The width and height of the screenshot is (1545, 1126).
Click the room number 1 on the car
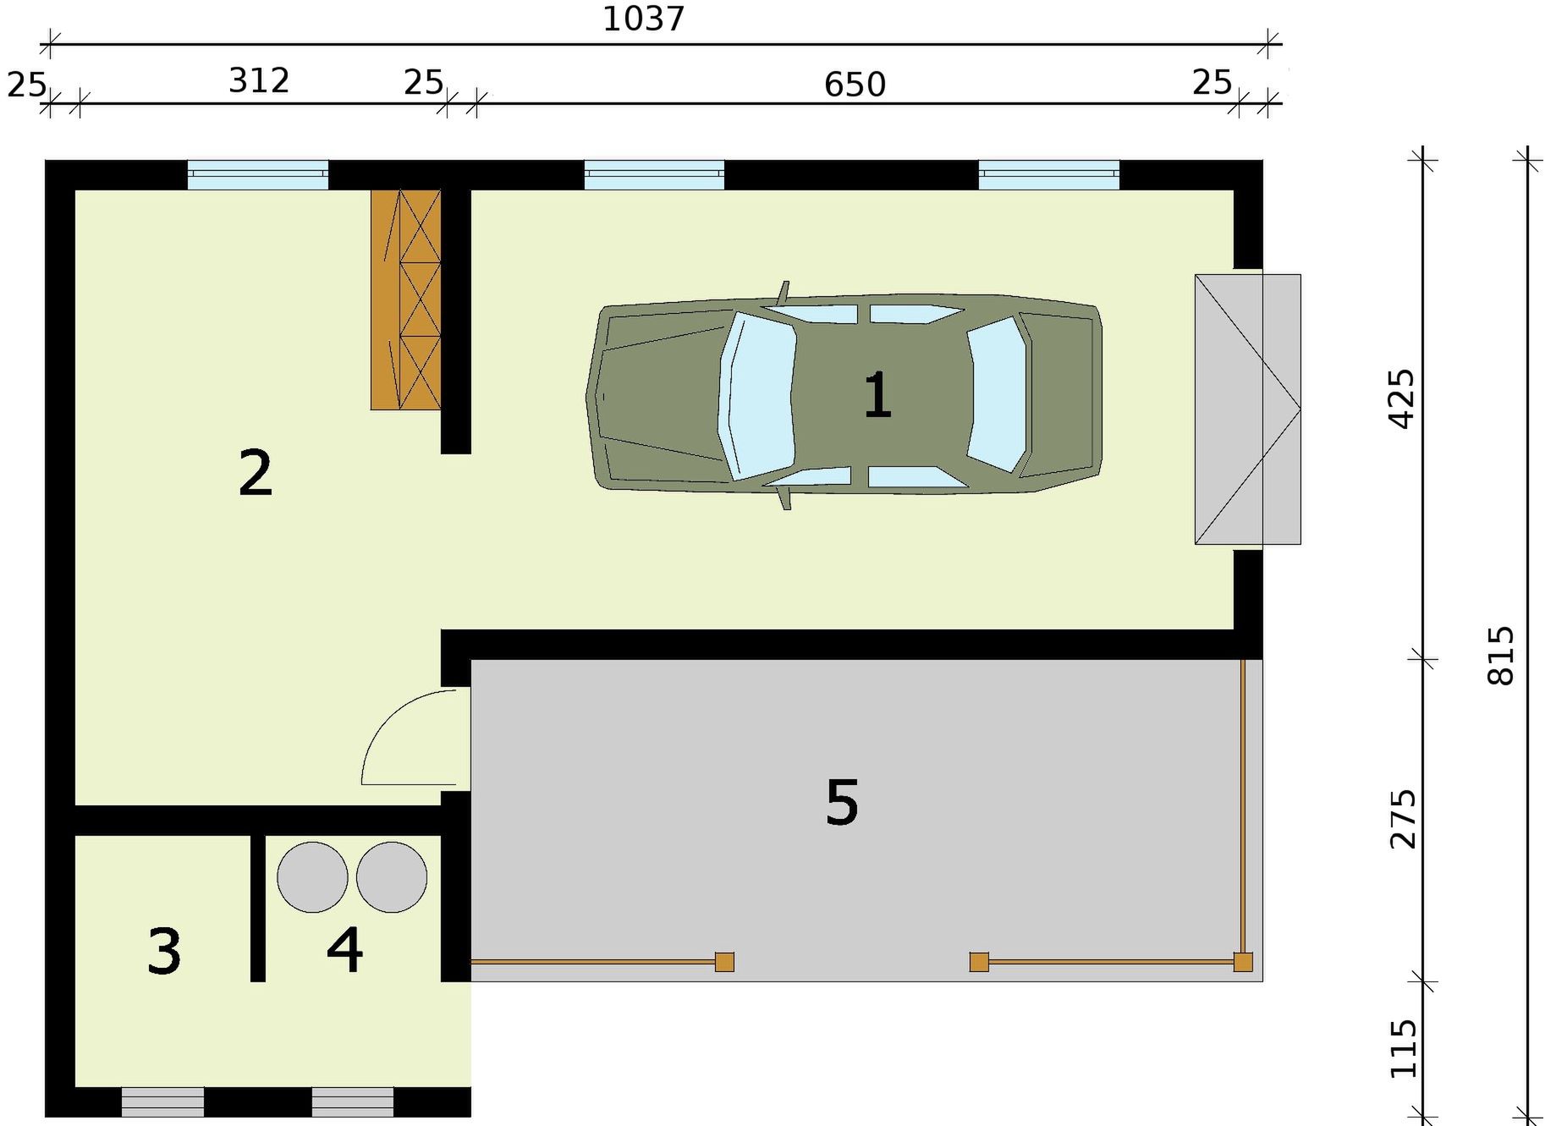pos(877,396)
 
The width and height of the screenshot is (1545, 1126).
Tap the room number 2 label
pos(256,474)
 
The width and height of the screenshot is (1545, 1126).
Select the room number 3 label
pos(164,951)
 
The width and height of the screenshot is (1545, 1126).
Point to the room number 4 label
pos(345,949)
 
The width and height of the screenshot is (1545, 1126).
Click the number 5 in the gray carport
pos(842,803)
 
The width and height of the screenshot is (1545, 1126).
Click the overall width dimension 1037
pos(644,19)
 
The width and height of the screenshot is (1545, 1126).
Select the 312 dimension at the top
pos(260,81)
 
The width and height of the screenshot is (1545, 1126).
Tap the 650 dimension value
pos(855,85)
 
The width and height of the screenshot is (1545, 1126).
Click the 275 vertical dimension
pos(1402,819)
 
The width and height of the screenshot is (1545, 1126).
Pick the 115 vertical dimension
pos(1403,1049)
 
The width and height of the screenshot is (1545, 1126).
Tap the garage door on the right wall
pos(1247,409)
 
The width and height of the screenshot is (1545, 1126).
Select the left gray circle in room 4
pos(312,877)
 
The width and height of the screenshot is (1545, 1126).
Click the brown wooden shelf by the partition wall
pos(405,299)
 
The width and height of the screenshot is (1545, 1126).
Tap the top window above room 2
pos(257,174)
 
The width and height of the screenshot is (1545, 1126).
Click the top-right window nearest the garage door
pos(1049,174)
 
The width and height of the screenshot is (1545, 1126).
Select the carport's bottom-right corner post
pos(1243,962)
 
